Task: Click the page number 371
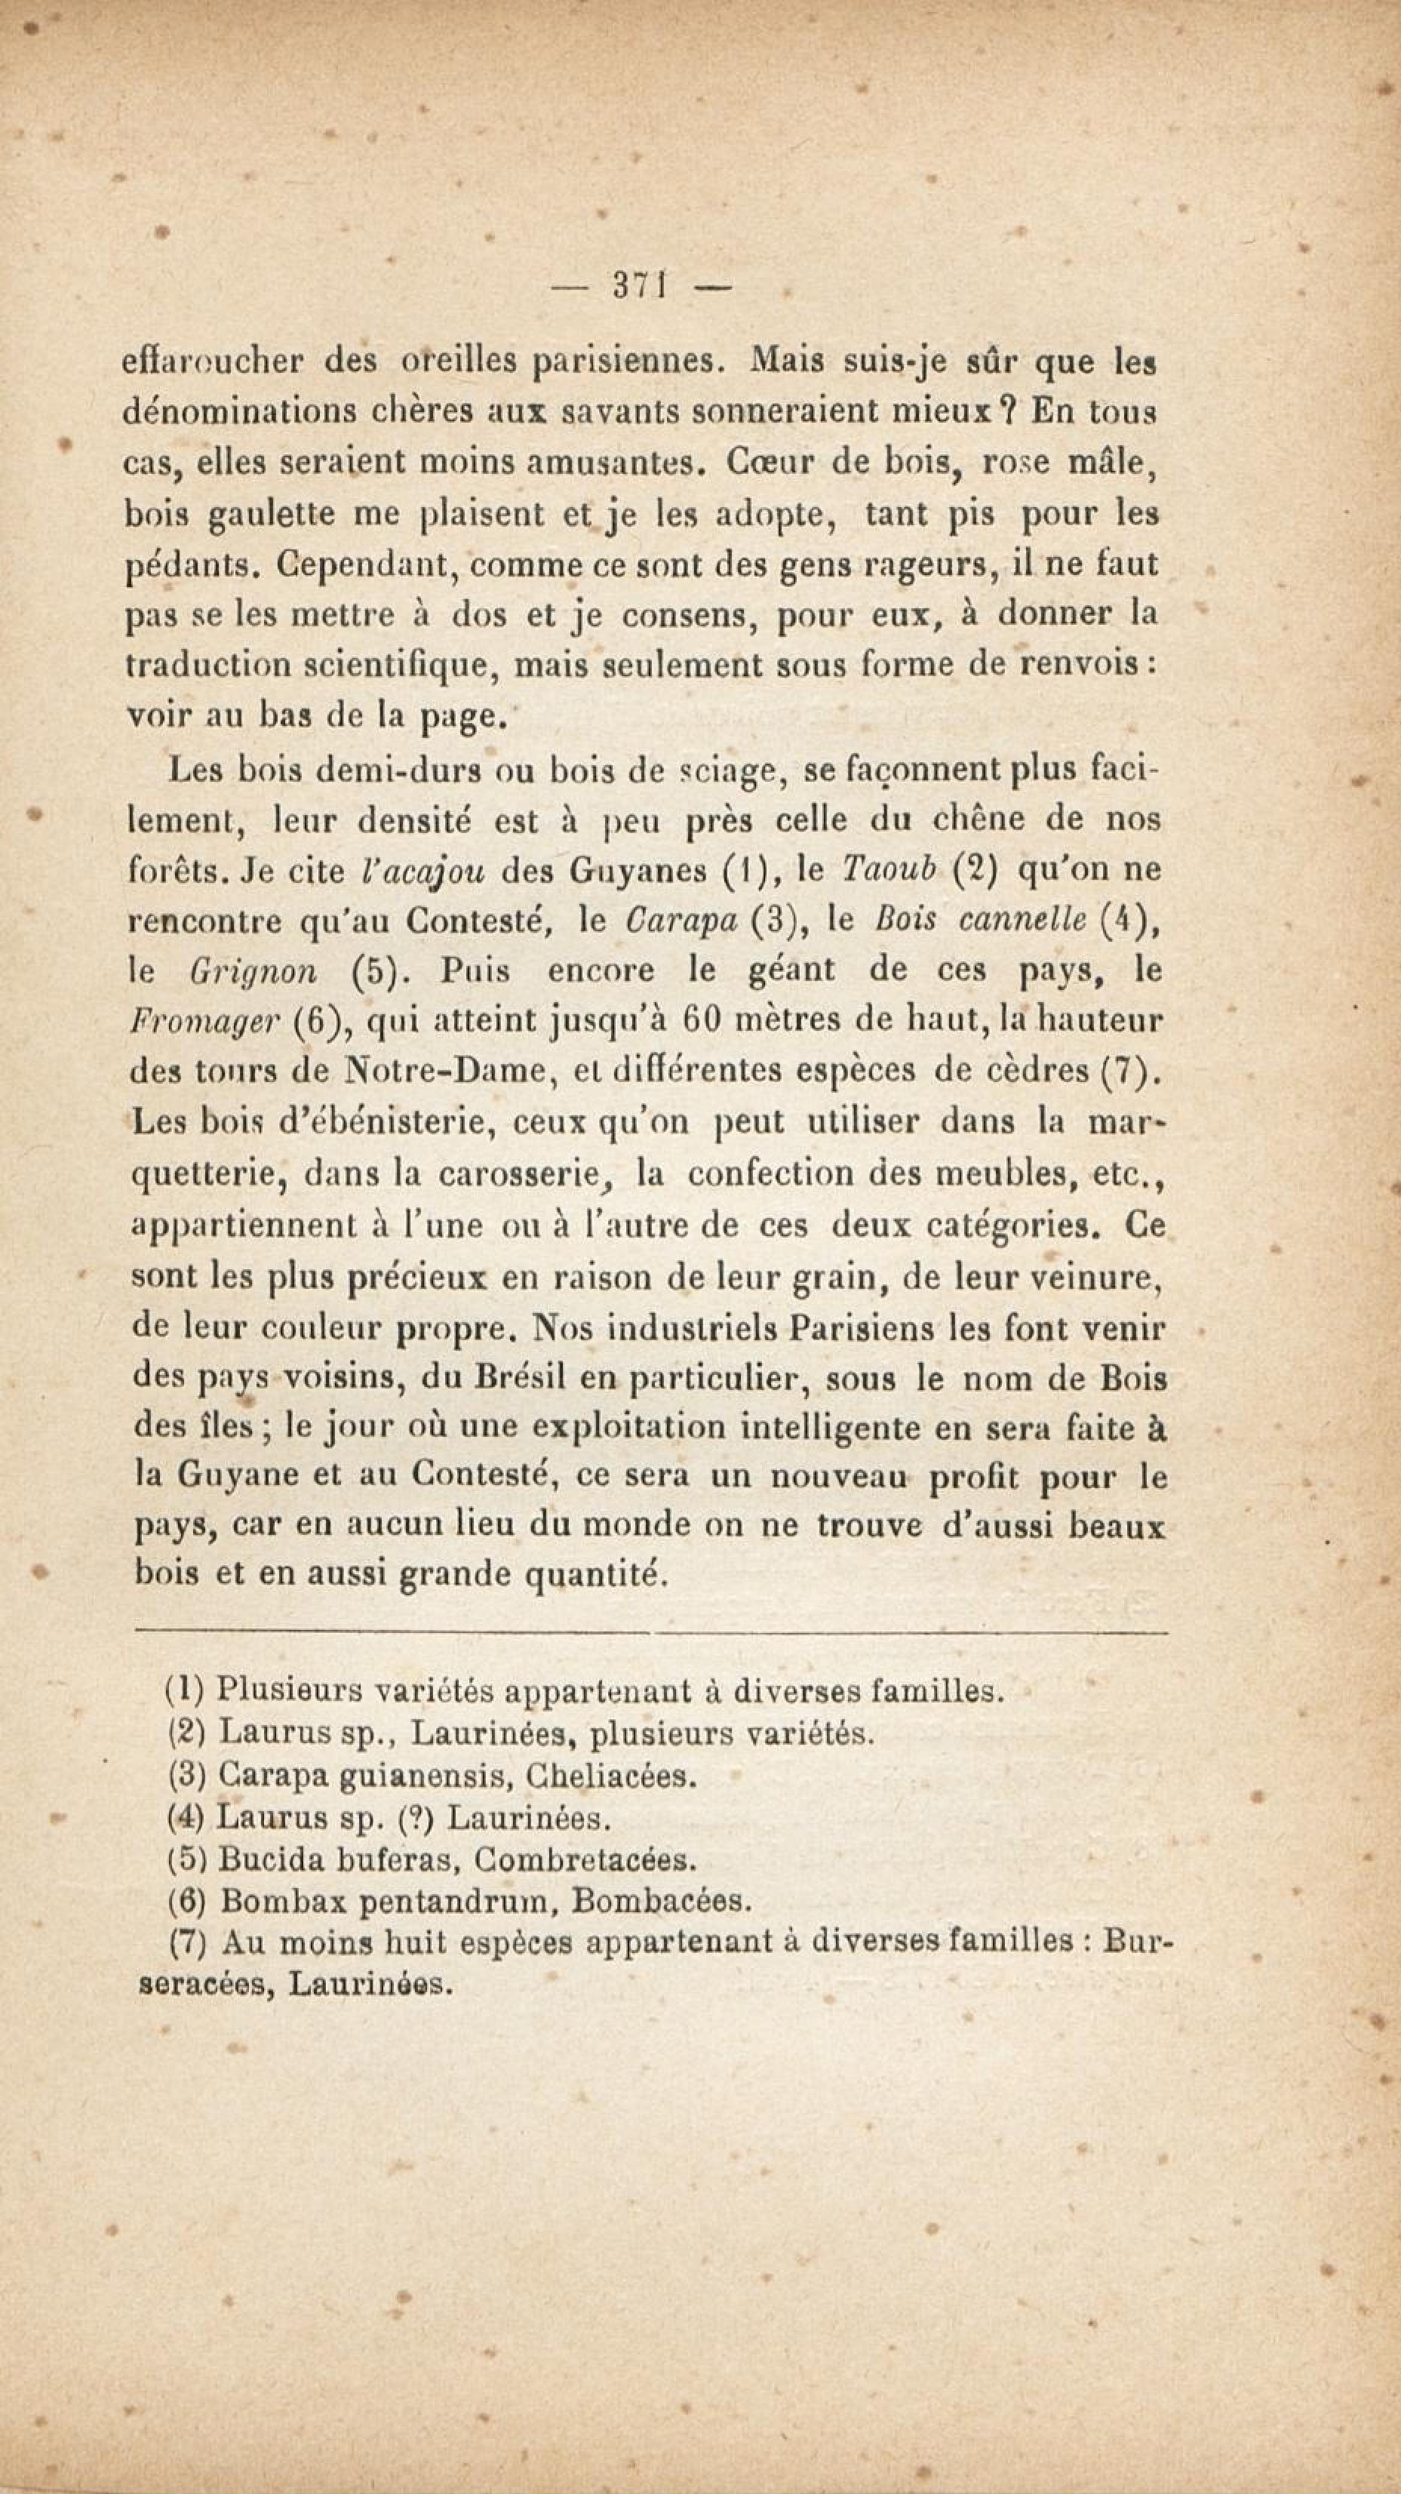pos(635,288)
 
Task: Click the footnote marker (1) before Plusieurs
pos(184,1690)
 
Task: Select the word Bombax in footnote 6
pos(267,1902)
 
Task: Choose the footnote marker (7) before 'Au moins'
pos(185,1941)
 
